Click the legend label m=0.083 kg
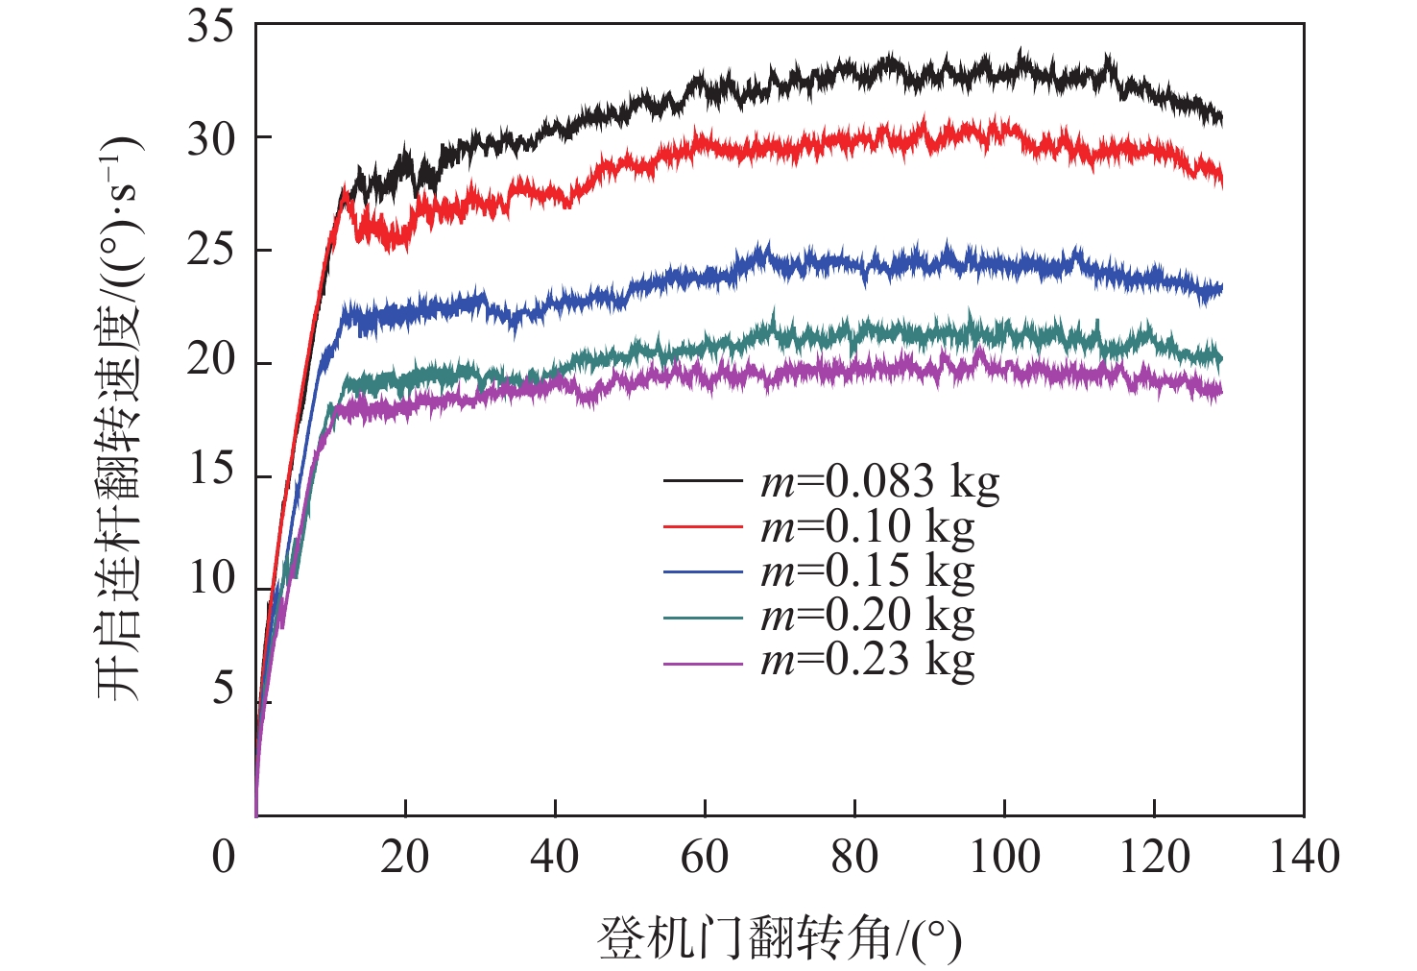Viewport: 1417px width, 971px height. [879, 482]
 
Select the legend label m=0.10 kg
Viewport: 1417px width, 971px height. [867, 527]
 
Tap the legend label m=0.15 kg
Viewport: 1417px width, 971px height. [867, 571]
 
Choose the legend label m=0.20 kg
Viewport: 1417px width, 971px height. [867, 616]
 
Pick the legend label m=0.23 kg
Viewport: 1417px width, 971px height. [867, 660]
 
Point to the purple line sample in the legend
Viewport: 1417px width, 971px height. [703, 663]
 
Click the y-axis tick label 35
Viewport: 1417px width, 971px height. [211, 26]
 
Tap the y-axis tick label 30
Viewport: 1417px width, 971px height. [211, 138]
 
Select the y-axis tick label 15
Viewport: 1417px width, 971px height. [211, 470]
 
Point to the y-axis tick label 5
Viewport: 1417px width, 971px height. [223, 689]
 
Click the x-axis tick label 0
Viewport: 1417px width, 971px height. [223, 857]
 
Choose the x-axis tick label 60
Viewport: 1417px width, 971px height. [705, 857]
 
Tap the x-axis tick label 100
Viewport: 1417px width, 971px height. [1004, 857]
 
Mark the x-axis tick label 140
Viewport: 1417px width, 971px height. [1304, 857]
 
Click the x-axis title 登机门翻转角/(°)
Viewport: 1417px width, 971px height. [780, 938]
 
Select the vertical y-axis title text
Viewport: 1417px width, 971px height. [119, 418]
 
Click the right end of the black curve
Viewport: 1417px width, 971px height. [1221, 117]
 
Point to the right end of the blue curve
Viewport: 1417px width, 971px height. [1221, 287]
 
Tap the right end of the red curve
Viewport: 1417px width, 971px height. [1221, 177]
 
